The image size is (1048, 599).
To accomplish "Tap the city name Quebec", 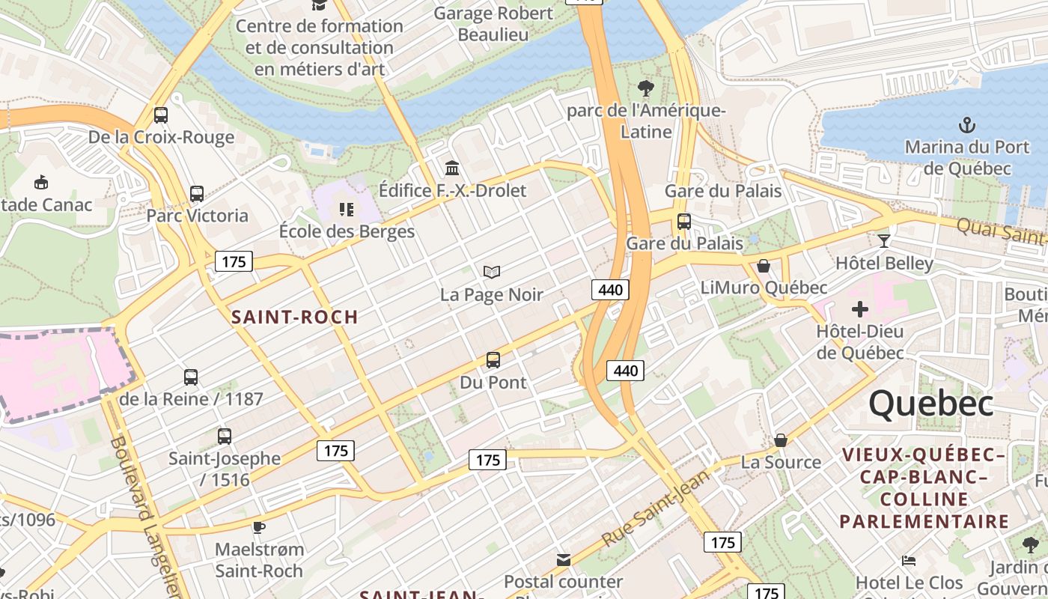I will click(x=931, y=404).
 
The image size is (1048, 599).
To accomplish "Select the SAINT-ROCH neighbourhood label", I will click(x=295, y=317).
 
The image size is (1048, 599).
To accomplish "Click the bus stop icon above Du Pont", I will click(x=493, y=360).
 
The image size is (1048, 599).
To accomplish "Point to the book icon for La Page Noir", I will click(x=491, y=272).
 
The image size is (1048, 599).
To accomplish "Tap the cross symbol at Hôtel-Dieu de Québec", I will click(x=859, y=308).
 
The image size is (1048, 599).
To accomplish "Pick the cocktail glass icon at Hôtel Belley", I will click(x=884, y=240).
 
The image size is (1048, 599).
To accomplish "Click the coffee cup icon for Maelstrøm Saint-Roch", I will click(x=259, y=527).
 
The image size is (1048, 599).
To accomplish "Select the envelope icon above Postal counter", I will click(x=563, y=559).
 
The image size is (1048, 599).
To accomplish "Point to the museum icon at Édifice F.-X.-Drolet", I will click(x=451, y=168).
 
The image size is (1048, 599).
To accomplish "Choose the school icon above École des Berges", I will click(x=346, y=209).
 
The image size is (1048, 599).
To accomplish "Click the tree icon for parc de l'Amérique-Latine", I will click(x=645, y=88).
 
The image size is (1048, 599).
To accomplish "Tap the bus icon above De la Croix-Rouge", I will click(x=160, y=115).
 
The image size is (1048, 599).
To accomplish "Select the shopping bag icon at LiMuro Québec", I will click(x=764, y=266).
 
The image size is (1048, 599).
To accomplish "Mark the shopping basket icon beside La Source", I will click(x=781, y=440).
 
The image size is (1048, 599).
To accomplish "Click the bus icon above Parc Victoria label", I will click(x=197, y=194).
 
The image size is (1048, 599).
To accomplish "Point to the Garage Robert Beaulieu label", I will click(x=493, y=24).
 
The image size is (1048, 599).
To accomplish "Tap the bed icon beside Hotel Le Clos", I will click(x=909, y=560).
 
